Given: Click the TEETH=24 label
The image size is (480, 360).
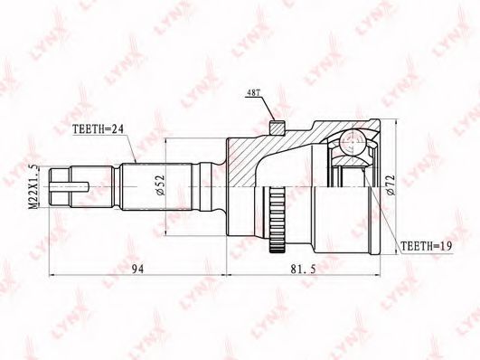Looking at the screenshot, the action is point(98,129).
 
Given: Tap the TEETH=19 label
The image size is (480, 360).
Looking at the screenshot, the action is point(427,246).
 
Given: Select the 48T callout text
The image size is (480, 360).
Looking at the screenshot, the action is point(253,93).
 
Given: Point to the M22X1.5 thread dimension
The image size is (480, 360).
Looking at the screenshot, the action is point(33,186).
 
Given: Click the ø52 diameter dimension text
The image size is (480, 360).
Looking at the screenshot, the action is point(160,185).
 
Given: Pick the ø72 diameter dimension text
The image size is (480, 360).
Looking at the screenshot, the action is point(391,185).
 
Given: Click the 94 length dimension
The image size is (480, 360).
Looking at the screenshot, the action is point(137,269).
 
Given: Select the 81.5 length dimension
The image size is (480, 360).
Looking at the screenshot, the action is point(303,269).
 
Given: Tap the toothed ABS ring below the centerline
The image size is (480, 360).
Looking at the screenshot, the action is point(278,220).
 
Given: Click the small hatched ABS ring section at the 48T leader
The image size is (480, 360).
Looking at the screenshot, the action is point(278,128).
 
